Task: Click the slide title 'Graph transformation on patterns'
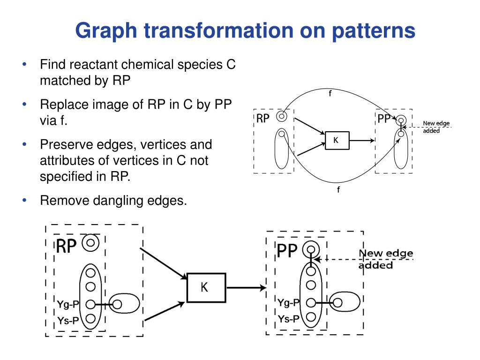click(x=245, y=31)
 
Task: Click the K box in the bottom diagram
click(x=206, y=287)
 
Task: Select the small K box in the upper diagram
click(x=337, y=140)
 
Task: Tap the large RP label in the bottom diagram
click(x=66, y=246)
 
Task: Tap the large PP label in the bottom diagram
click(x=287, y=251)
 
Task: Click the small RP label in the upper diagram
click(x=262, y=119)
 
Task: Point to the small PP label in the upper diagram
click(x=384, y=119)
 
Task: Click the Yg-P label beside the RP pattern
click(x=68, y=304)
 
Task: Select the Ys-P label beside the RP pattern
click(x=68, y=320)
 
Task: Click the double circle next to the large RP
click(x=91, y=243)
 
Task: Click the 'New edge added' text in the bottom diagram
click(x=385, y=259)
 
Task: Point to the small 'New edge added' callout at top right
click(x=436, y=127)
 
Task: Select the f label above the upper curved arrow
click(x=330, y=93)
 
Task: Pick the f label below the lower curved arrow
click(x=338, y=190)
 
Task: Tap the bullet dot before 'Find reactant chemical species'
click(x=24, y=64)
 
